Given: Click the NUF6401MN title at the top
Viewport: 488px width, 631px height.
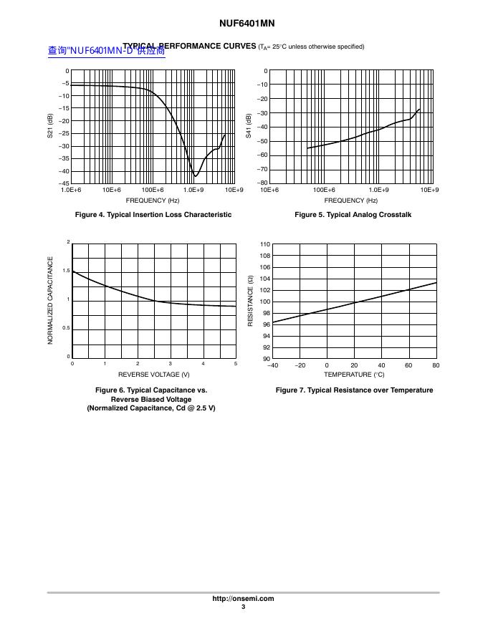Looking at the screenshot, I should point(243,23).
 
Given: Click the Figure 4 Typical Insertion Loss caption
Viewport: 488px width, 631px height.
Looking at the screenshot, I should point(153,215).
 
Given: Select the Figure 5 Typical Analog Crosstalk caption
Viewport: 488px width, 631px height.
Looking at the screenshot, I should point(353,215).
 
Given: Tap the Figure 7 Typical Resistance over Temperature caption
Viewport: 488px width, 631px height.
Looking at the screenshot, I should point(354,390).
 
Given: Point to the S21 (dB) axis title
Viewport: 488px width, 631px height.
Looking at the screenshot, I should point(50,127).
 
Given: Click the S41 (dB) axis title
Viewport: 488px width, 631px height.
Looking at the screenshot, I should point(249,127).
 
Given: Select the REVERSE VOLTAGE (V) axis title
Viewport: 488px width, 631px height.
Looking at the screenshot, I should point(153,375).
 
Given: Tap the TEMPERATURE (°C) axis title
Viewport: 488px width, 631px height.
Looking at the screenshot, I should point(354,375).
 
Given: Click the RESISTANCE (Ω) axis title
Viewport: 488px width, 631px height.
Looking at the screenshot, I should point(250,302).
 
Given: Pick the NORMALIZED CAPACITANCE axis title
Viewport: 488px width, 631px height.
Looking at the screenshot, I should point(51,300).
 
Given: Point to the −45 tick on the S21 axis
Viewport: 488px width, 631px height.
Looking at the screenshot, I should point(64,183).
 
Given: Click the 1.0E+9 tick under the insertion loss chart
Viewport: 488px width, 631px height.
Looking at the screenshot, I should point(193,190).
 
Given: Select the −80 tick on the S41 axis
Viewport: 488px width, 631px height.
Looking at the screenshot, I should point(262,183).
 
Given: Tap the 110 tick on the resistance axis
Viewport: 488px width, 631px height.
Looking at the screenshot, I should point(264,245).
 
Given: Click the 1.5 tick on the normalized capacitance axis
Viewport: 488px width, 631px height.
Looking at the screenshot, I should point(67,271).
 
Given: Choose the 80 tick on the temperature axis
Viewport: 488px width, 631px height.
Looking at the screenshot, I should point(436,366).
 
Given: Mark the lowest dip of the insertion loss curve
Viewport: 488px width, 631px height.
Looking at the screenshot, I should point(195,176).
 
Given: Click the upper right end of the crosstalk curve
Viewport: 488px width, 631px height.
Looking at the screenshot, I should point(419,110).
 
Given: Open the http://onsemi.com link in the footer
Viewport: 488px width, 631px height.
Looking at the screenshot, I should point(243,599).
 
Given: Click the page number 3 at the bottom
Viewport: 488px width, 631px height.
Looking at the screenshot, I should point(243,607).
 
